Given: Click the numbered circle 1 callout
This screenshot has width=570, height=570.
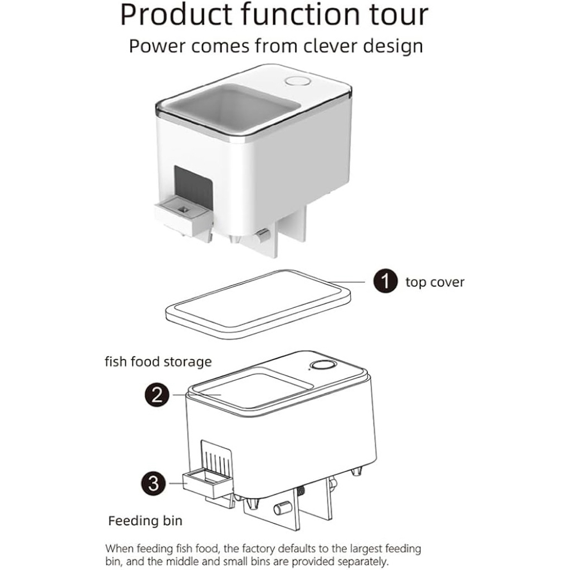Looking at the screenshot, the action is tap(385, 281).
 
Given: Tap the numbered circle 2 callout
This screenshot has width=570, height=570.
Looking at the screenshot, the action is tap(157, 395).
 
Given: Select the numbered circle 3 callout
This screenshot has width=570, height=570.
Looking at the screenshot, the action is tap(153, 484).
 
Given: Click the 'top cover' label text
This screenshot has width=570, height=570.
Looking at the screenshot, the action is tap(435, 282).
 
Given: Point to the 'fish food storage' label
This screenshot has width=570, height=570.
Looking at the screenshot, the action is tap(158, 362).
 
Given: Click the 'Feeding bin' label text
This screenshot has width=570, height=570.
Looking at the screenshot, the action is tap(145, 520).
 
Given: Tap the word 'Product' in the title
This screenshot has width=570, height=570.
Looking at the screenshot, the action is tap(176, 14).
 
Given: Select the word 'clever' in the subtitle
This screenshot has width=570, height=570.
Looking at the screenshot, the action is tap(331, 46).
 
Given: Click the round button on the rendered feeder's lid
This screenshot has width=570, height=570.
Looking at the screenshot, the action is tap(297, 81).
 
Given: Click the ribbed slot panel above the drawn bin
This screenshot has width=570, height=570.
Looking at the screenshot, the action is tap(217, 458).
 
